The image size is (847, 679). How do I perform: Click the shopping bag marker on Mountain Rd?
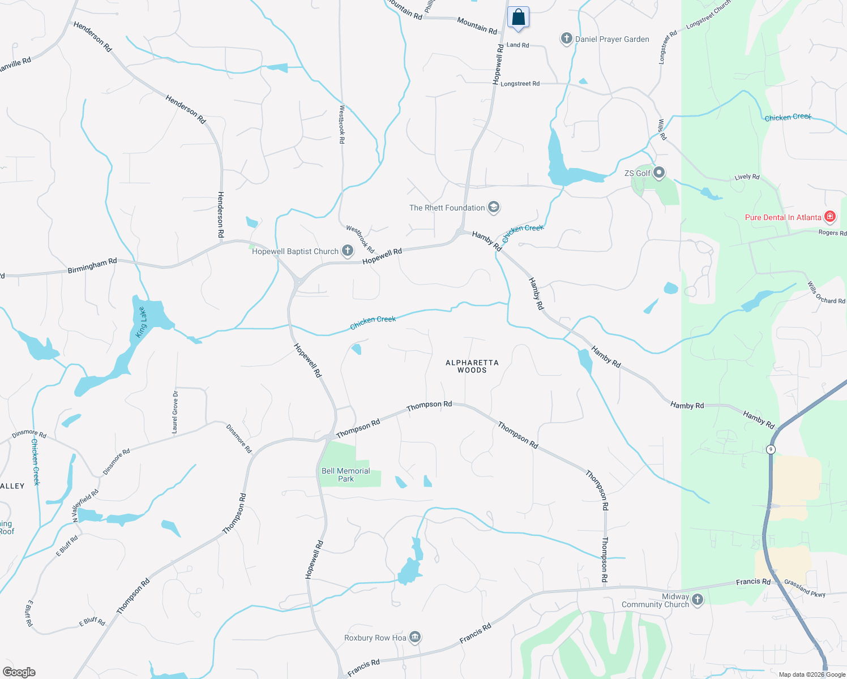pos(518,18)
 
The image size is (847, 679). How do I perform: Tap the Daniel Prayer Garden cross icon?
pos(566,38)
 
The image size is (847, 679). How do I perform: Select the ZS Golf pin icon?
pos(658,173)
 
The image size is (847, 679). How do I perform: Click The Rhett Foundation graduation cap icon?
pos(494,207)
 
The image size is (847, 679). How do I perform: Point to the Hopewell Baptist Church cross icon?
pos(348,251)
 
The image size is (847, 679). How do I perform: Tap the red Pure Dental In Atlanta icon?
pos(830,217)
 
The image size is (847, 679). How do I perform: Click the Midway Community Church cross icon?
pos(698,600)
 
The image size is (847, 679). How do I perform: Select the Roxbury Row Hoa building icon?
pos(415,638)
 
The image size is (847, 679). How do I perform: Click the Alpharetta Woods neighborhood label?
pos(472,366)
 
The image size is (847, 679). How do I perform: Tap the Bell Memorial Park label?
pos(346,475)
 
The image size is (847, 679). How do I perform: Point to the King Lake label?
pos(141,323)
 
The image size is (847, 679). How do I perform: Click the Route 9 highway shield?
pos(770,449)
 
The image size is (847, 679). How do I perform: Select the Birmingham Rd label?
pos(92,265)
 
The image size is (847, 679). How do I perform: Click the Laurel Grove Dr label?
pos(176,412)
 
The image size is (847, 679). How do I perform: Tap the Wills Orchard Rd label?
pos(826,293)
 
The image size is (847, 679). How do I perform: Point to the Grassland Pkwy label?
pos(805,588)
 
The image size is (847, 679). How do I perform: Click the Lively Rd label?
pos(747,177)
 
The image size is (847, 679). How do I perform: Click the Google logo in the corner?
pos(19,672)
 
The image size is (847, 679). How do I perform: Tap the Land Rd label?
pos(517,45)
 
